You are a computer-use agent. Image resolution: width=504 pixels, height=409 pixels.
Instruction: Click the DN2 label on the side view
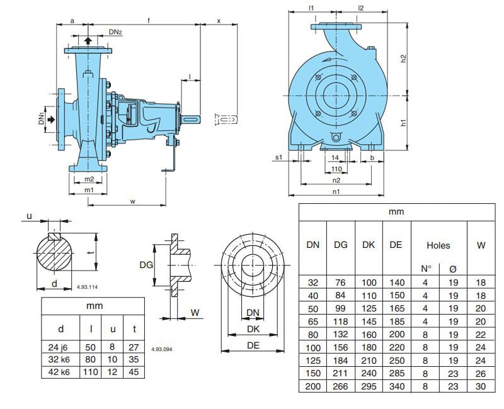tap(115, 31)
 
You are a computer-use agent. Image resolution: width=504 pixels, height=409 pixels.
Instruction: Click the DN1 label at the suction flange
tap(42, 118)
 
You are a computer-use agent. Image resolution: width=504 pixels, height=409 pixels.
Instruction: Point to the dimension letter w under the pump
tap(132, 201)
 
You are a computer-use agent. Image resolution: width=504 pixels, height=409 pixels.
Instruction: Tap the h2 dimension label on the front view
tap(404, 58)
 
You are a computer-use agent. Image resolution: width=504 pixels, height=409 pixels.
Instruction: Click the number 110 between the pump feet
tap(336, 169)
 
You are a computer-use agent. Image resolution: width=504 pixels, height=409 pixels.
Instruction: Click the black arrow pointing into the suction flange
tap(52, 118)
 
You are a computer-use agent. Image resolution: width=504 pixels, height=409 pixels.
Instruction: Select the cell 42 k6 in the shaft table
tap(60, 372)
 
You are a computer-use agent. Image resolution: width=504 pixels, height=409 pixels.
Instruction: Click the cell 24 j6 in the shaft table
tap(60, 345)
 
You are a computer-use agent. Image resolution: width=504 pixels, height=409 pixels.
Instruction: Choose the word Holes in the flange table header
tap(438, 245)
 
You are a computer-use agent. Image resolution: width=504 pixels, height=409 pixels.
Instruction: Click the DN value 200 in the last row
tap(312, 385)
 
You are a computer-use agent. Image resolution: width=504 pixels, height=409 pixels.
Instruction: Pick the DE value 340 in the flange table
tap(396, 385)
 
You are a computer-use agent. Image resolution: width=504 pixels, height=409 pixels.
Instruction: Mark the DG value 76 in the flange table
tap(340, 283)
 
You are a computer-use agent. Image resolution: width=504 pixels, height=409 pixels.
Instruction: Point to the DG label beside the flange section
tap(146, 266)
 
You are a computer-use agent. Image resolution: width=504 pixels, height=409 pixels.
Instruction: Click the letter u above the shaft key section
tap(29, 216)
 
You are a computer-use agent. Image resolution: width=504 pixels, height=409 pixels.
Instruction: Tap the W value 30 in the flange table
tap(481, 385)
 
